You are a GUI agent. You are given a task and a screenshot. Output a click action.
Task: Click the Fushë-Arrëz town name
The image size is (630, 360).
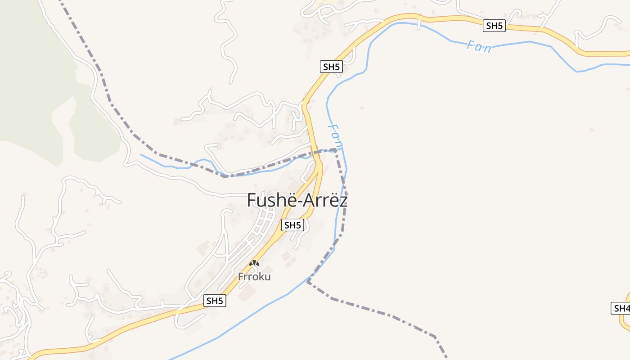tap(297, 200)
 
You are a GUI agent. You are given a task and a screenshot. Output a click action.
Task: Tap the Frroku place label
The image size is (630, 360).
tap(254, 276)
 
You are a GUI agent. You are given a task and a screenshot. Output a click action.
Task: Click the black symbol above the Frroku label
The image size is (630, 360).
tap(254, 263)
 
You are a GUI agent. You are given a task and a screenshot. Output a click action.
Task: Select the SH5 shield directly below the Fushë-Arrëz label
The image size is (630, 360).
tap(292, 225)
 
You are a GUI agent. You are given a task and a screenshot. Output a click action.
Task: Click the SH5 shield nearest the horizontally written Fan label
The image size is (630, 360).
tap(494, 26)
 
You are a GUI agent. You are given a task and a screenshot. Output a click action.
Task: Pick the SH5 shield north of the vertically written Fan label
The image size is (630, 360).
tap(331, 67)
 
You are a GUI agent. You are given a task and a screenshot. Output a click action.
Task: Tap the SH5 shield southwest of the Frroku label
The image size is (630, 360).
tap(215, 301)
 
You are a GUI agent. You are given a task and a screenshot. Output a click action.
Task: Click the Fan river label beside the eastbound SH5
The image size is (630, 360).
tap(479, 46)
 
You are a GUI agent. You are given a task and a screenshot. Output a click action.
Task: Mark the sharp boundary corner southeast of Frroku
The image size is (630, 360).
tap(308, 281)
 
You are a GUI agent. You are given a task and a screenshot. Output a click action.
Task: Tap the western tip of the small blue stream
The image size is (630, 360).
tap(141, 155)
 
